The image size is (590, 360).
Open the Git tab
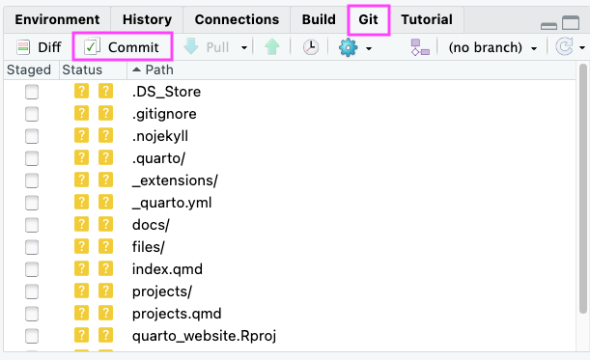(x=368, y=19)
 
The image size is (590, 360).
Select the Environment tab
(x=57, y=19)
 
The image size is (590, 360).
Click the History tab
(x=147, y=19)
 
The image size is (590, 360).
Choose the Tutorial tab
(x=427, y=19)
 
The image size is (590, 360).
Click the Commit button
(x=122, y=47)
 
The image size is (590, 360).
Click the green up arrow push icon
(x=272, y=47)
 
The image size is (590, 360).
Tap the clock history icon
(x=311, y=47)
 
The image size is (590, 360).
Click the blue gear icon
(x=348, y=47)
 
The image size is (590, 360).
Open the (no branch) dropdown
(x=492, y=47)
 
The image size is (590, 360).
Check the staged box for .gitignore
(x=32, y=114)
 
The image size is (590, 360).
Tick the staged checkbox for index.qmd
(x=32, y=269)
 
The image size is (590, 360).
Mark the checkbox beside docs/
(x=32, y=225)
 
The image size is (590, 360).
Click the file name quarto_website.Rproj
(x=204, y=336)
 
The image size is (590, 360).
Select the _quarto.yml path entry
(x=172, y=203)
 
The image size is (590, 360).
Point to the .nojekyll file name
(x=160, y=136)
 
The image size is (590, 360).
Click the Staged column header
(x=29, y=69)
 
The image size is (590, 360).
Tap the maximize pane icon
(x=571, y=22)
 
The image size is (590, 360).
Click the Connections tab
(x=237, y=19)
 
